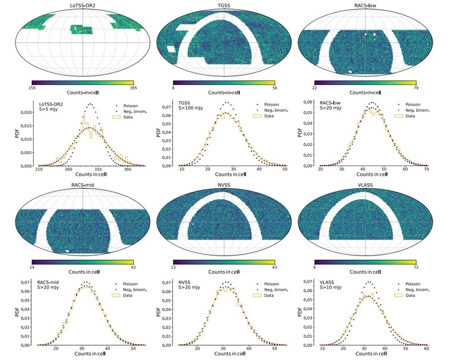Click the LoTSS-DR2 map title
click(x=83, y=6)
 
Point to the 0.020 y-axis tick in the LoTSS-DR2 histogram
click(x=27, y=112)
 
